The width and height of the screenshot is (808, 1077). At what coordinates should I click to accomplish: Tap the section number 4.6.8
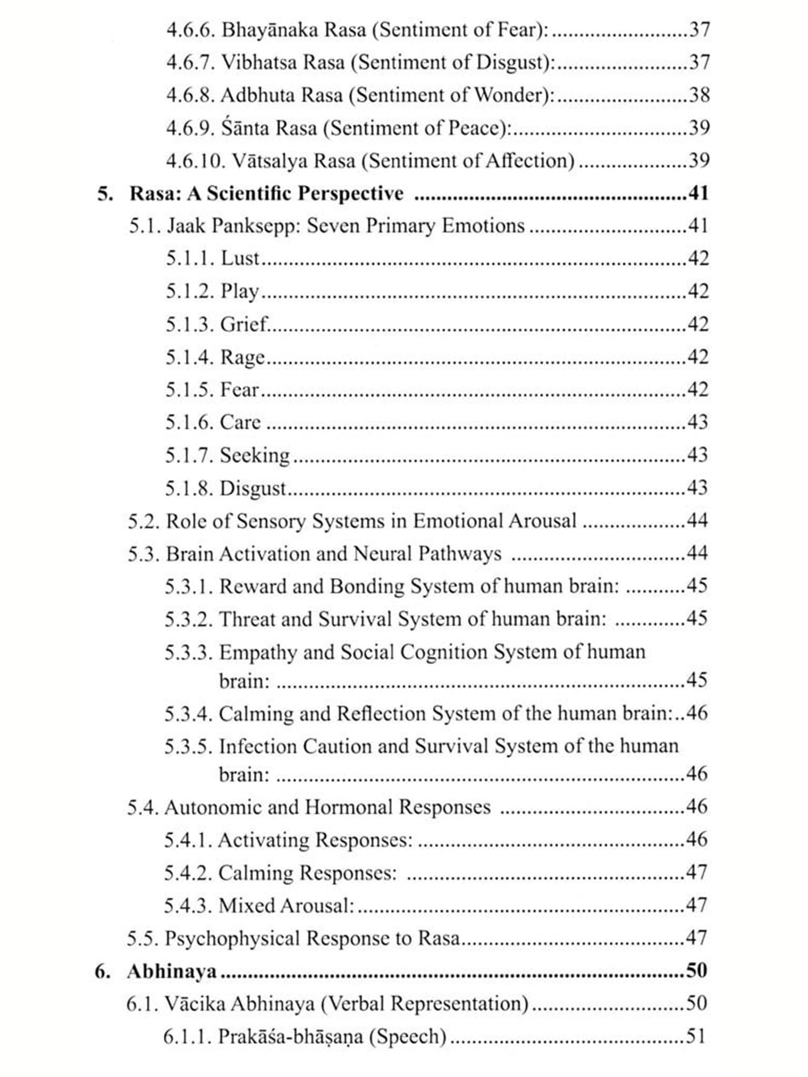point(190,95)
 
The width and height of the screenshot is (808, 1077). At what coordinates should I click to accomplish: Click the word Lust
point(240,258)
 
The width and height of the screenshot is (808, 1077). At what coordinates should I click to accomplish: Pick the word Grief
point(243,324)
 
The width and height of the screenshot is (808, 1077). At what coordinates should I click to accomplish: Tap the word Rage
point(242,358)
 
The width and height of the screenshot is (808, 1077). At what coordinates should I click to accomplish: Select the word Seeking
point(255,456)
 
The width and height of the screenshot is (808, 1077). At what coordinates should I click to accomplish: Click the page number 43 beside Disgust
point(697,488)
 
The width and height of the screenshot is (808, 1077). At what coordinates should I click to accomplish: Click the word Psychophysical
point(232,939)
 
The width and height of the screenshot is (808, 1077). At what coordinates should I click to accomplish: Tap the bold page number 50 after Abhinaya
point(696,970)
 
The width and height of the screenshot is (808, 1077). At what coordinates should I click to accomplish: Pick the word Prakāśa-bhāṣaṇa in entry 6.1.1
point(290,1037)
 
